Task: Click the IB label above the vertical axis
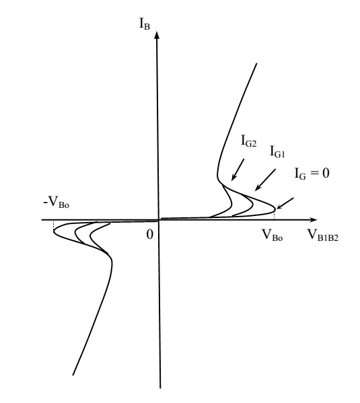145,24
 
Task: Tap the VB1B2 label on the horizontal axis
323,235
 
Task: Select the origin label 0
149,234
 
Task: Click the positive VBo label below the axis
272,235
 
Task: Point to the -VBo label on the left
57,202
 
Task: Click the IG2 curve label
249,141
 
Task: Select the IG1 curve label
277,151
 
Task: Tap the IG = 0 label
312,174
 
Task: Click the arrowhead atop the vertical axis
157,35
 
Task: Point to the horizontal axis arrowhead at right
314,220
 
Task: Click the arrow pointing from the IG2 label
238,170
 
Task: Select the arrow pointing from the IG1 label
265,180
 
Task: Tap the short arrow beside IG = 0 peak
285,203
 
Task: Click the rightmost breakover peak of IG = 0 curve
275,209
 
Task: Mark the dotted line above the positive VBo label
275,215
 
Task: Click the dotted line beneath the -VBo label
53,225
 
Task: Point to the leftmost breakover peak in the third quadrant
54,231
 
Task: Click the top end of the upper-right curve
256,63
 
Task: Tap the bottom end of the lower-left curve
73,375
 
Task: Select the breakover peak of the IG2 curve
231,205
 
